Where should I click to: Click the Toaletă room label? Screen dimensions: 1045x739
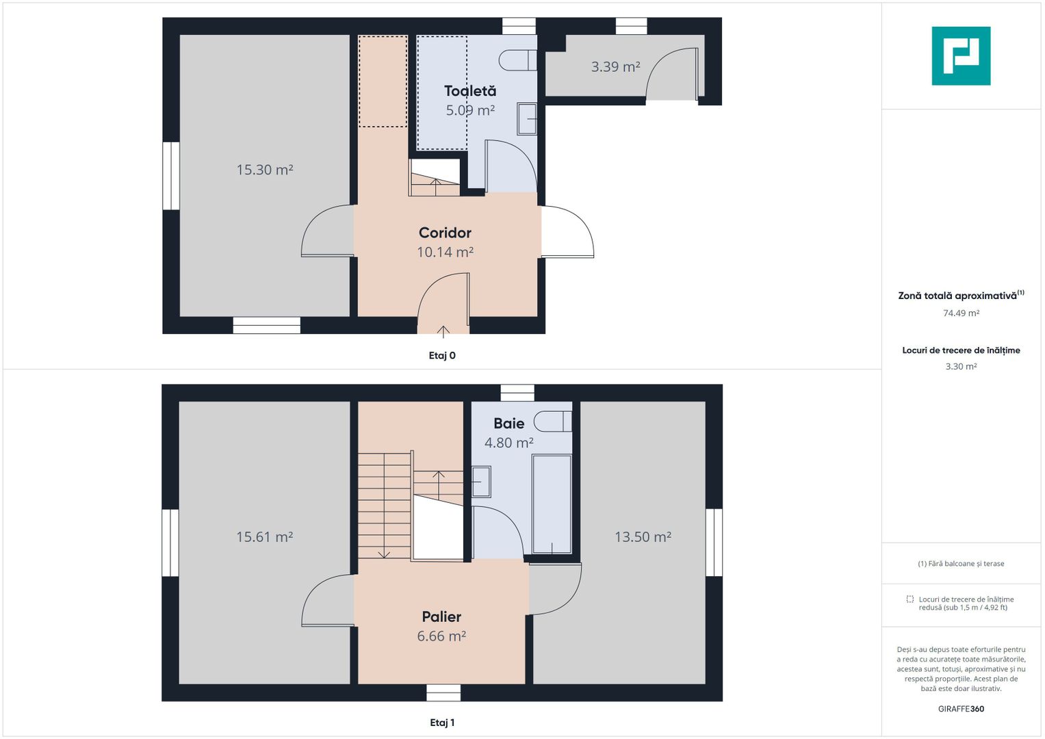pyautogui.click(x=469, y=90)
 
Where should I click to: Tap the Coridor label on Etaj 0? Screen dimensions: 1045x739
pyautogui.click(x=445, y=233)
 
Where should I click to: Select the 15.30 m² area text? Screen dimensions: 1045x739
pyautogui.click(x=265, y=170)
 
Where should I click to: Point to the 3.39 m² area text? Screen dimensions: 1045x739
pyautogui.click(x=615, y=67)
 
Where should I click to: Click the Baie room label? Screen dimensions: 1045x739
pyautogui.click(x=508, y=423)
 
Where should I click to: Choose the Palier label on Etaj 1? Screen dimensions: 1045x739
pyautogui.click(x=441, y=617)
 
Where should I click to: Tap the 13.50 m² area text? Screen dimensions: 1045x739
pyautogui.click(x=643, y=536)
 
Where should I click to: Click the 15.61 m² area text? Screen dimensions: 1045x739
pyautogui.click(x=265, y=536)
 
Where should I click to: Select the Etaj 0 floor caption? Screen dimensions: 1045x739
pyautogui.click(x=442, y=356)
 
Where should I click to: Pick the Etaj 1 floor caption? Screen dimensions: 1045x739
pyautogui.click(x=442, y=723)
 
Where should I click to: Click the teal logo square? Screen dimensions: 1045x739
pyautogui.click(x=961, y=56)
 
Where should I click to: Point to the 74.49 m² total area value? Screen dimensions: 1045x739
pyautogui.click(x=961, y=313)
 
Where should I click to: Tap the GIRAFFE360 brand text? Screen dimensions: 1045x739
pyautogui.click(x=961, y=709)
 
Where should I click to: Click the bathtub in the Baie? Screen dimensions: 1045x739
pyautogui.click(x=552, y=504)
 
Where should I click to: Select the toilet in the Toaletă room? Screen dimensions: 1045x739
pyautogui.click(x=518, y=60)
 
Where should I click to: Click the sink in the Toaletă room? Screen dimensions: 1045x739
pyautogui.click(x=527, y=119)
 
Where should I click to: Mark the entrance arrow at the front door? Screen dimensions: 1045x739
pyautogui.click(x=443, y=331)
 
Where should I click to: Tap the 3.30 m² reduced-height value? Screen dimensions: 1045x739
pyautogui.click(x=961, y=366)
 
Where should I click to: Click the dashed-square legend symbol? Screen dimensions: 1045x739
pyautogui.click(x=909, y=599)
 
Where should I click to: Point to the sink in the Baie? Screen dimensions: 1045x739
pyautogui.click(x=482, y=482)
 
